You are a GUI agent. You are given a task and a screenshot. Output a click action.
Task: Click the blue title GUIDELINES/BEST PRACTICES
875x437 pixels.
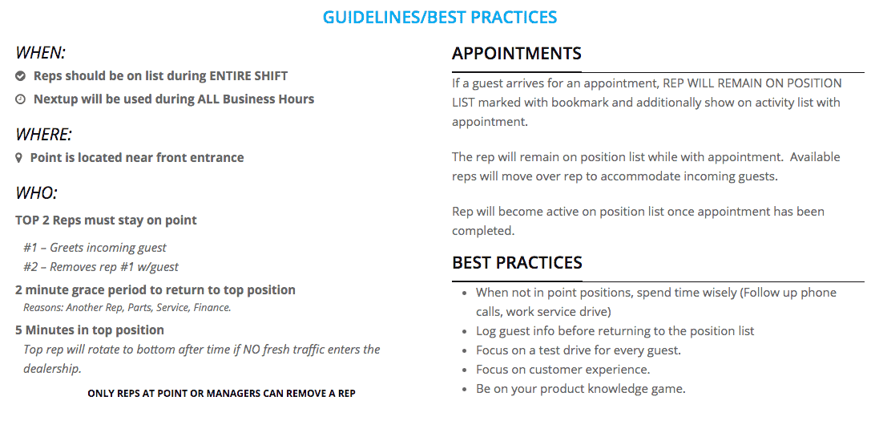tap(440, 18)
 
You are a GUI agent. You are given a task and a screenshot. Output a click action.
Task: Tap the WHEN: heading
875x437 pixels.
tap(40, 52)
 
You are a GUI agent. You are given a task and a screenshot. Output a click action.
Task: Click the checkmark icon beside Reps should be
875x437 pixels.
tap(20, 76)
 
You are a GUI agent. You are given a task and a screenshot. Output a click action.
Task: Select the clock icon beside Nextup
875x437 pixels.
tap(20, 99)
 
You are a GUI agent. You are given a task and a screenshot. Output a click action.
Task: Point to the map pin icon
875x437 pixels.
tap(19, 158)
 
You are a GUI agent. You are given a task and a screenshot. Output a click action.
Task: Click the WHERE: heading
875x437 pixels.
tap(43, 135)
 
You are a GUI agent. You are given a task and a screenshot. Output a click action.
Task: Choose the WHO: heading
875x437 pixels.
tap(36, 193)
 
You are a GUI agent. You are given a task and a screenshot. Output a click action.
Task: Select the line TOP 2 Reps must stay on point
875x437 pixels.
tap(106, 220)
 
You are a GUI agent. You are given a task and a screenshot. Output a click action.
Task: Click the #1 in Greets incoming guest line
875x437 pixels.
tap(30, 247)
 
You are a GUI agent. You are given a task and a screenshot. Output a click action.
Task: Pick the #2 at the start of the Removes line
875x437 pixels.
tap(30, 267)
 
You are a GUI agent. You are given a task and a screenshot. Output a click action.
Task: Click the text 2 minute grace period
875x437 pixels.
tap(88, 289)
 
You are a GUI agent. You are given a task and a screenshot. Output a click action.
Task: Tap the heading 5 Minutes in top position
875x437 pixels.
tap(90, 330)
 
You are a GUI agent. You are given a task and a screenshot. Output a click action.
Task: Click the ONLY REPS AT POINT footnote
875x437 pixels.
tap(221, 394)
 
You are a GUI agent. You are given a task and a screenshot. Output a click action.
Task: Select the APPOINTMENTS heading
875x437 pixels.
tap(517, 53)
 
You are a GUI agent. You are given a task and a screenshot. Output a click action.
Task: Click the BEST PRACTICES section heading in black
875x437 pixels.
tap(518, 262)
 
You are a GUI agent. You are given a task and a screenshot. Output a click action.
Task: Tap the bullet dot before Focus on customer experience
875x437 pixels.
tap(465, 370)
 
